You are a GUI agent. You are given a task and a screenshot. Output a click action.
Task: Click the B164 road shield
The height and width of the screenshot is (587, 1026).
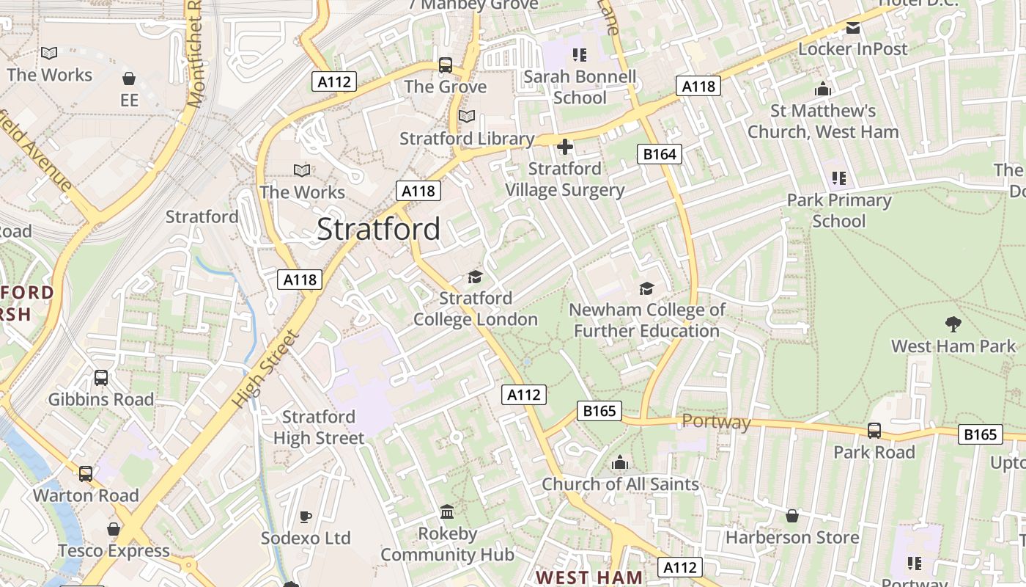[660, 154]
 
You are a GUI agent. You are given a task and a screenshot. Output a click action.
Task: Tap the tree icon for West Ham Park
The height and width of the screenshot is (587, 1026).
[953, 324]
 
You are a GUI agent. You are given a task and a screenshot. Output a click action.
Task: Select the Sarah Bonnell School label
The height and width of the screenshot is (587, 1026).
[580, 87]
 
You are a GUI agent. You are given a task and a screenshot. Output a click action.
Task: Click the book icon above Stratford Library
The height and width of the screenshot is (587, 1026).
[467, 116]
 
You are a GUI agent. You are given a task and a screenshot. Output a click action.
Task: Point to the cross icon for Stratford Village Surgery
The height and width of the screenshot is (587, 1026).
[564, 147]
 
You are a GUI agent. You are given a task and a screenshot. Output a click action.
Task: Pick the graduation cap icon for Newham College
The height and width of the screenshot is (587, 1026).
[646, 288]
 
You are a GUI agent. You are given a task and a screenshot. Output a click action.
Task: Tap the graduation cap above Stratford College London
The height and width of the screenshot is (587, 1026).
[476, 277]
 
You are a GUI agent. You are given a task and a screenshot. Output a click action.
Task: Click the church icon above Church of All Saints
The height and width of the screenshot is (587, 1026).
[620, 462]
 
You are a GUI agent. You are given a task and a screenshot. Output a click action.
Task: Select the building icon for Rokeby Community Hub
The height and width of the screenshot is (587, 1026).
[447, 511]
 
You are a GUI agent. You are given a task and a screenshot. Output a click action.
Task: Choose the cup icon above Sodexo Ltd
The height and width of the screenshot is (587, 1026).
[306, 516]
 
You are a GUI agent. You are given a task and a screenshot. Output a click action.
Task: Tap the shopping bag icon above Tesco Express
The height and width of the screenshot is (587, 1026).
[114, 529]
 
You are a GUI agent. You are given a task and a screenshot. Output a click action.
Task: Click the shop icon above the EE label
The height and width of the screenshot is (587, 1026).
[129, 79]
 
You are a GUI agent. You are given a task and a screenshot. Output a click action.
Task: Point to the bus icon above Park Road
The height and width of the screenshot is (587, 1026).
[874, 430]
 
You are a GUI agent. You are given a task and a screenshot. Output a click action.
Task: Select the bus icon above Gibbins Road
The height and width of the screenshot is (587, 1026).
[101, 378]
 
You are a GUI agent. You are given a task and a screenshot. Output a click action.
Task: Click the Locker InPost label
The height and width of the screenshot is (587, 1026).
[853, 49]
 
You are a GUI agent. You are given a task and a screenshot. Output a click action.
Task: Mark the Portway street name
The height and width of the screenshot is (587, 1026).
[716, 422]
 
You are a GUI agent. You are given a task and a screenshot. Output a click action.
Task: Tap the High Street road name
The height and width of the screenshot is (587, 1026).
[265, 370]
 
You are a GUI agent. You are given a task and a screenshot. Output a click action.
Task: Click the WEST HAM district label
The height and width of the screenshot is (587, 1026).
[589, 577]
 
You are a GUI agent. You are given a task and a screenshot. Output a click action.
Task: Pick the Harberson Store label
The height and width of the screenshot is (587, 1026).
[791, 537]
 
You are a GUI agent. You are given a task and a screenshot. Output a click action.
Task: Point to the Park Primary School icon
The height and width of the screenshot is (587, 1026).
[839, 178]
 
